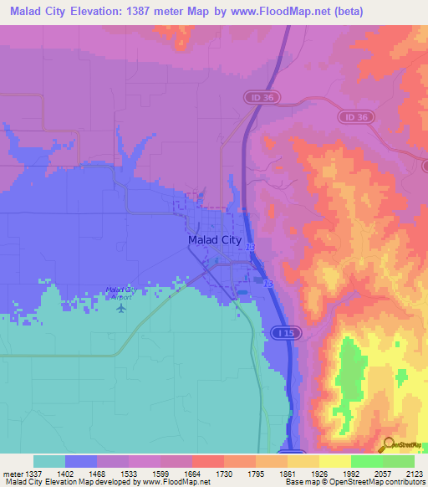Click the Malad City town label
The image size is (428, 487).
click(x=214, y=240)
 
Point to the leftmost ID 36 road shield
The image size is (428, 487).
click(x=261, y=97)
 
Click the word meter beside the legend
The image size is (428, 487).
click(x=12, y=473)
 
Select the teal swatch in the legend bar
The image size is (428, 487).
click(x=49, y=461)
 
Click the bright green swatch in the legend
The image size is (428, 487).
click(x=366, y=461)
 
